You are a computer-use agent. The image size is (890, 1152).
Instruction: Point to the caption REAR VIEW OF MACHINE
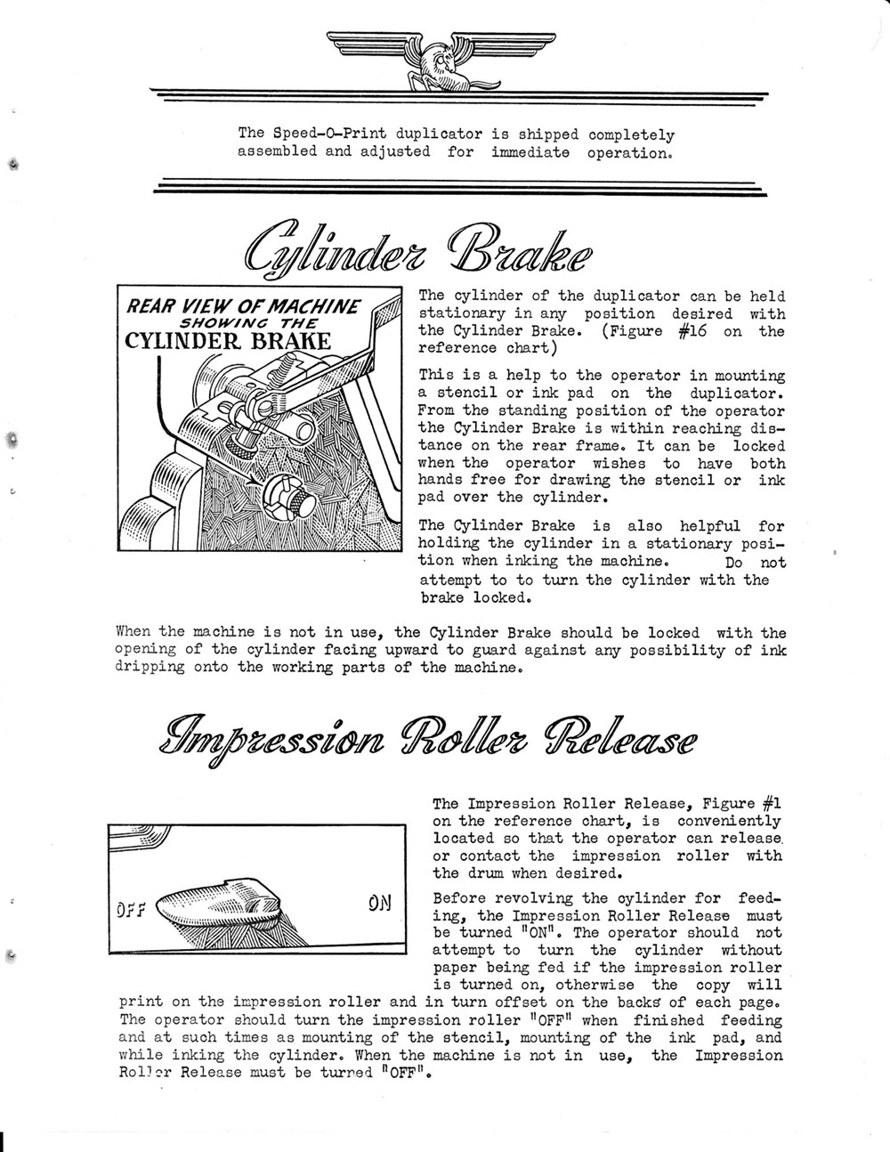[242, 308]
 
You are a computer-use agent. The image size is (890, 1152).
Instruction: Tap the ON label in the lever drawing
[378, 903]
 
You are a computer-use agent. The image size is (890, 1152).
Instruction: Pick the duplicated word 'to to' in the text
[511, 580]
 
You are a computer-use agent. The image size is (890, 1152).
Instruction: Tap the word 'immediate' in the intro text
[530, 152]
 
